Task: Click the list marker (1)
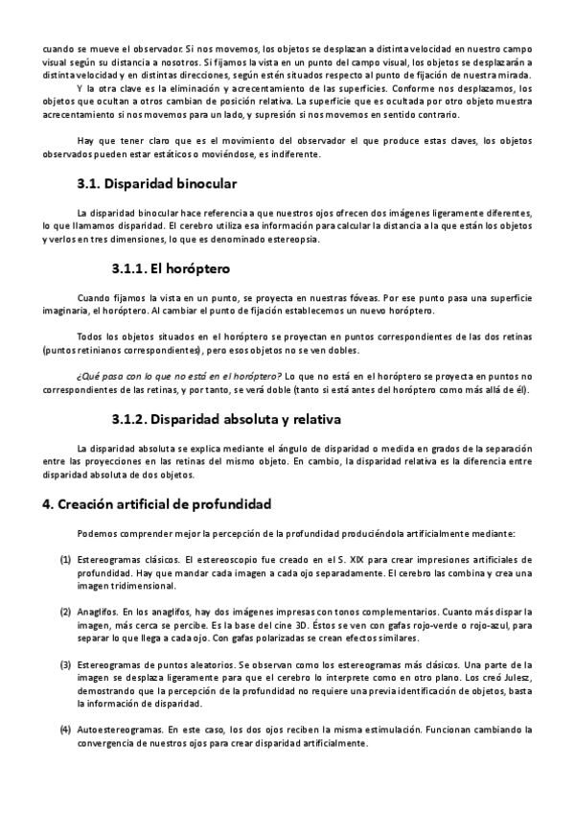[65, 559]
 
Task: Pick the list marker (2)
[65, 611]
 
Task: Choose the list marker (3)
[65, 663]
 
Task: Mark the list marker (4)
[65, 730]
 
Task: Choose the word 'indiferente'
[295, 154]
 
